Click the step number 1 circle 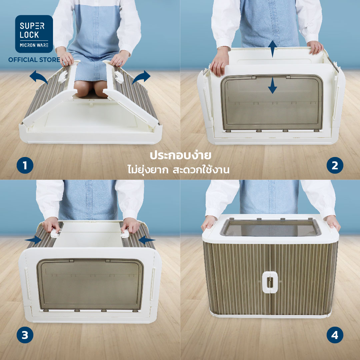25,165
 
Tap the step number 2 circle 335,165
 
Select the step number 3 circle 25,335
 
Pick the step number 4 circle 335,335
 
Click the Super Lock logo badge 34,34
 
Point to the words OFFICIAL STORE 34,60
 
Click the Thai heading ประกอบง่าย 180,155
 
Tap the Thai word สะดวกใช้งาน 201,170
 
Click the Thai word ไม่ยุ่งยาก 148,170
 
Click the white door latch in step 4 270,282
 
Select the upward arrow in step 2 272,49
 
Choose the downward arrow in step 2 272,85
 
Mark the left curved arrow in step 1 38,77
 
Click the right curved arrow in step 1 141,77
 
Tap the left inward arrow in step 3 33,240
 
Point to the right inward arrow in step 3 146,240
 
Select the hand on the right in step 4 333,223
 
